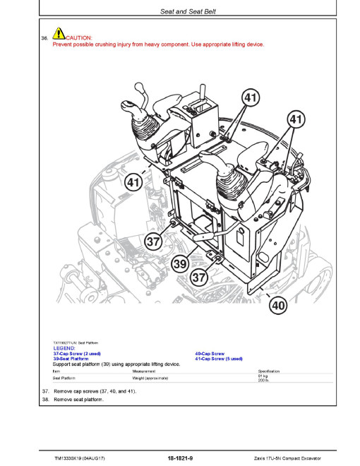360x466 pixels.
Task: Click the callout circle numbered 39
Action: pos(180,263)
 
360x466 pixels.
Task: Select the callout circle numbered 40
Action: pos(278,305)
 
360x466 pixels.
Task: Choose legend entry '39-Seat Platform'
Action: pos(71,359)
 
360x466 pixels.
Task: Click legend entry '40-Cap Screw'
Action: pos(210,354)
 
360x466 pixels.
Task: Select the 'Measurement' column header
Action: pos(144,371)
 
